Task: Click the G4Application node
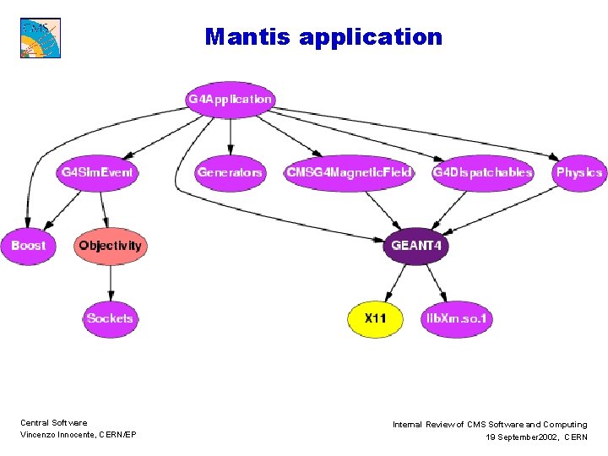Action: click(x=230, y=100)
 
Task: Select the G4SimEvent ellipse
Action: click(x=97, y=172)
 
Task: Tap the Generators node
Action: click(x=230, y=172)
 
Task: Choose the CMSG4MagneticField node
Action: click(x=350, y=172)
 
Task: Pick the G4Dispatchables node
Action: click(x=482, y=172)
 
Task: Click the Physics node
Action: click(x=578, y=172)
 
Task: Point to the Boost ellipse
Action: click(x=29, y=246)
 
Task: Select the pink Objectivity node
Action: click(x=111, y=246)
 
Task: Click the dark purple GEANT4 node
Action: click(x=416, y=246)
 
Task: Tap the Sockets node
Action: click(x=110, y=318)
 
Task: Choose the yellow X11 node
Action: click(x=376, y=318)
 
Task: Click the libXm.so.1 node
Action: click(x=458, y=318)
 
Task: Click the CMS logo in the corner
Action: click(x=41, y=37)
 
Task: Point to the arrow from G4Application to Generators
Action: click(x=230, y=135)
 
